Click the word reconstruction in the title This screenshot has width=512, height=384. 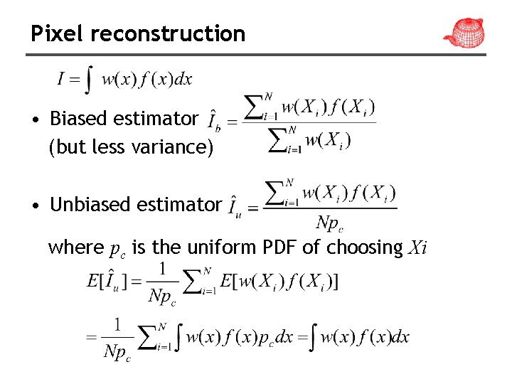(168, 33)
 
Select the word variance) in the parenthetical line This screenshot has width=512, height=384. (178, 147)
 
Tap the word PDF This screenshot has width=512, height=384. (279, 247)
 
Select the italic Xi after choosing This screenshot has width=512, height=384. (417, 248)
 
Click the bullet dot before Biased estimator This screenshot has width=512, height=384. (34, 119)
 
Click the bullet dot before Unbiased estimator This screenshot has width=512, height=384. (34, 206)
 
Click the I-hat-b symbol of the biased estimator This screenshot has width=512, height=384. (213, 121)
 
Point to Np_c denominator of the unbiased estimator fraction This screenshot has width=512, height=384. (329, 224)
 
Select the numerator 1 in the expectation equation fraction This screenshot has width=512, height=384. (162, 269)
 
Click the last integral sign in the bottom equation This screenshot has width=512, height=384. (314, 337)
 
